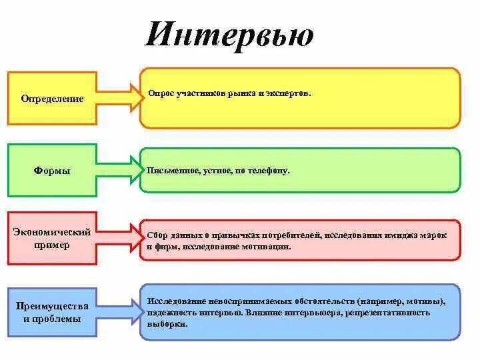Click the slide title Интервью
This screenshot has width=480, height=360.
pyautogui.click(x=229, y=35)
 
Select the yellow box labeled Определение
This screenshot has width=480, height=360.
pyautogui.click(x=52, y=99)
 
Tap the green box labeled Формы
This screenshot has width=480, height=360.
pyautogui.click(x=52, y=171)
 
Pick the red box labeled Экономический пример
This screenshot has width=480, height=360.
pyautogui.click(x=52, y=239)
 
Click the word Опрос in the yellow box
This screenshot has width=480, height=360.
pyautogui.click(x=161, y=94)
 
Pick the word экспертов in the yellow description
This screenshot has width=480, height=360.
pyautogui.click(x=291, y=94)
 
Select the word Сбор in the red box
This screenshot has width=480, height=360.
pyautogui.click(x=157, y=236)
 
